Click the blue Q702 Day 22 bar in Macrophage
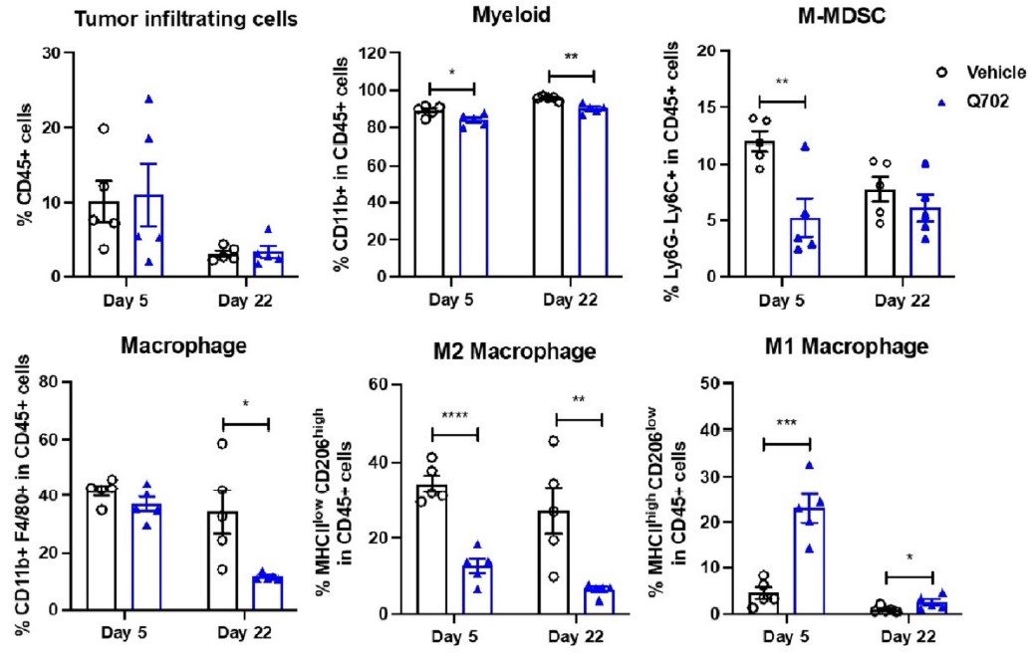266,593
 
